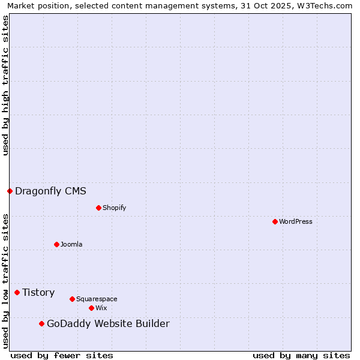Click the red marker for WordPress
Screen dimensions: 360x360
(x=275, y=221)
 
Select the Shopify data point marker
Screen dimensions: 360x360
(x=98, y=208)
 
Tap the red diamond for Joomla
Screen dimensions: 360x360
(x=56, y=244)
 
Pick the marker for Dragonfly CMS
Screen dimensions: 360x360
(x=10, y=191)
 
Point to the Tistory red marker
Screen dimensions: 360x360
(x=17, y=292)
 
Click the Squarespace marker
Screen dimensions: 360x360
(x=72, y=299)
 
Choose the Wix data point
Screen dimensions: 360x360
(x=91, y=308)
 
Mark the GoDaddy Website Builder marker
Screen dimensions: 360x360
(x=41, y=323)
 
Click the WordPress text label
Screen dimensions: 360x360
(x=296, y=221)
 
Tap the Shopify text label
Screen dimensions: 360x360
(x=114, y=208)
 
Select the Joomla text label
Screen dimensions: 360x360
(x=71, y=244)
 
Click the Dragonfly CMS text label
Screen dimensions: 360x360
(x=50, y=191)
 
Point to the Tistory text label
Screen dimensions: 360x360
(x=38, y=292)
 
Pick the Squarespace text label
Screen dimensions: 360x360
(x=97, y=299)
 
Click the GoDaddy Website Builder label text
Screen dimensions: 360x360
(x=108, y=324)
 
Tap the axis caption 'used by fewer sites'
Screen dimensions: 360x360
(x=62, y=355)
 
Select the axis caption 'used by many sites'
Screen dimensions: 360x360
(x=301, y=355)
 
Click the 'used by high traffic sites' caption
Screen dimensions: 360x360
(x=5, y=85)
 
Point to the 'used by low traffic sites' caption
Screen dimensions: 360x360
(x=5, y=280)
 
